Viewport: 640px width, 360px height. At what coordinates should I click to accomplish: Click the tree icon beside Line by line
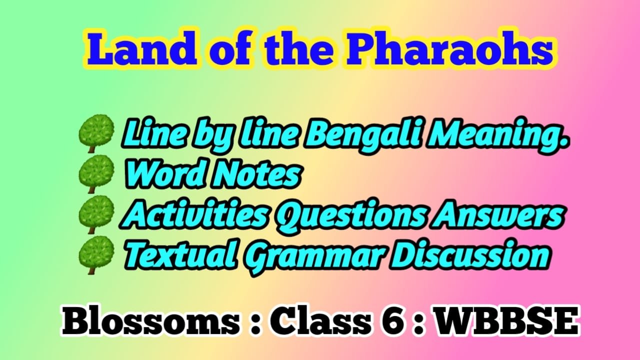tap(96, 133)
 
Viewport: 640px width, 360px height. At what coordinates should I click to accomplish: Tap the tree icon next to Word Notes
tap(96, 174)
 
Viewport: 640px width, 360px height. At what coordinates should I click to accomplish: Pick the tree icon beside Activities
tap(96, 214)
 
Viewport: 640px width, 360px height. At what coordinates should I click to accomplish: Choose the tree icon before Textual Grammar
tap(96, 255)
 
